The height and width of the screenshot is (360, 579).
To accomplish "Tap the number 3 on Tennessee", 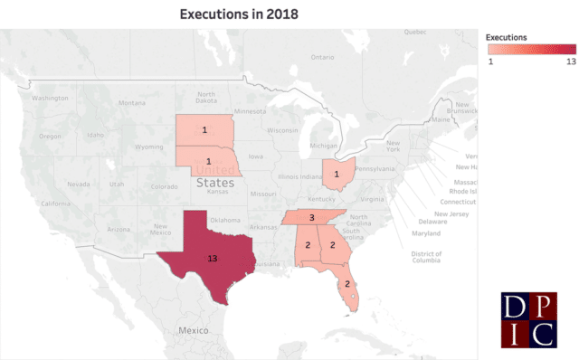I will (311, 218).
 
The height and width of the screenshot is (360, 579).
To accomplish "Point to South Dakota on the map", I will (204, 130).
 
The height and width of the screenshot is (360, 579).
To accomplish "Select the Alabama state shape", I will (308, 245).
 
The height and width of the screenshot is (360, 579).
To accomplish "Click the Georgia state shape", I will (333, 245).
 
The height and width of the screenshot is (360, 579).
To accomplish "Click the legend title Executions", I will (507, 37).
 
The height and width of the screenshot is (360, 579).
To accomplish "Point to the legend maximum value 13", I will (570, 62).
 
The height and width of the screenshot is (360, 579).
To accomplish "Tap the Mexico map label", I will (193, 331).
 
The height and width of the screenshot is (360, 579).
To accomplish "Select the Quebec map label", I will (414, 32).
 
